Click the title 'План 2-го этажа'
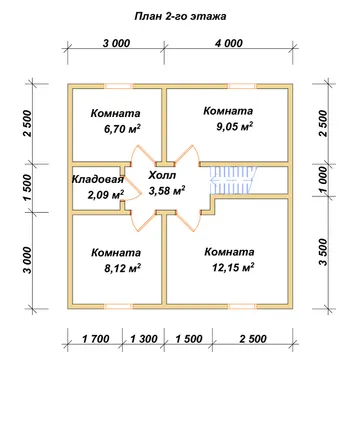(x=180, y=17)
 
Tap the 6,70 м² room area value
(x=122, y=129)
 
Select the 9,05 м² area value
(x=234, y=127)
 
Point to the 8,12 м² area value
(x=122, y=268)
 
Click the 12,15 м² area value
(x=233, y=267)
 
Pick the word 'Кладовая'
(x=98, y=179)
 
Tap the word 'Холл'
(x=162, y=175)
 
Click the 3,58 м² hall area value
(x=167, y=191)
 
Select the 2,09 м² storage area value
(x=106, y=194)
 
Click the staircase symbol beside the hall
(x=233, y=180)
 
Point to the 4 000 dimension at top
(x=229, y=43)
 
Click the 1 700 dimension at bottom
(x=96, y=339)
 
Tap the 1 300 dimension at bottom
(x=144, y=339)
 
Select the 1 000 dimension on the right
(x=323, y=180)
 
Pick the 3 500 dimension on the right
(x=323, y=252)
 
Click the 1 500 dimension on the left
(x=28, y=187)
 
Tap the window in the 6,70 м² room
(x=119, y=86)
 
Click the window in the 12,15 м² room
(x=242, y=306)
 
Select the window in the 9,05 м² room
(x=242, y=86)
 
